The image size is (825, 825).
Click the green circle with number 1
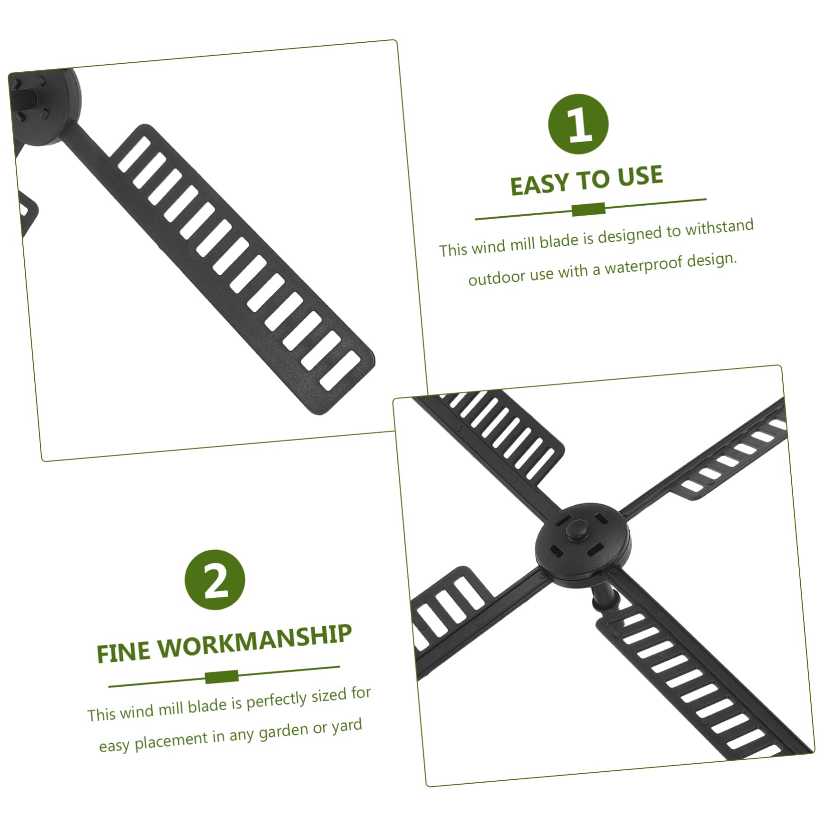tap(578, 124)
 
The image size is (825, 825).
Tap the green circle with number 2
tap(215, 580)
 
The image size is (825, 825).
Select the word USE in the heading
tap(640, 175)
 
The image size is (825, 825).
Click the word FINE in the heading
tap(123, 652)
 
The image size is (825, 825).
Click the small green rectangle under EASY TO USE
tap(588, 209)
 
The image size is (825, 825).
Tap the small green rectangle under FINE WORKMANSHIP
tap(221, 677)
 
